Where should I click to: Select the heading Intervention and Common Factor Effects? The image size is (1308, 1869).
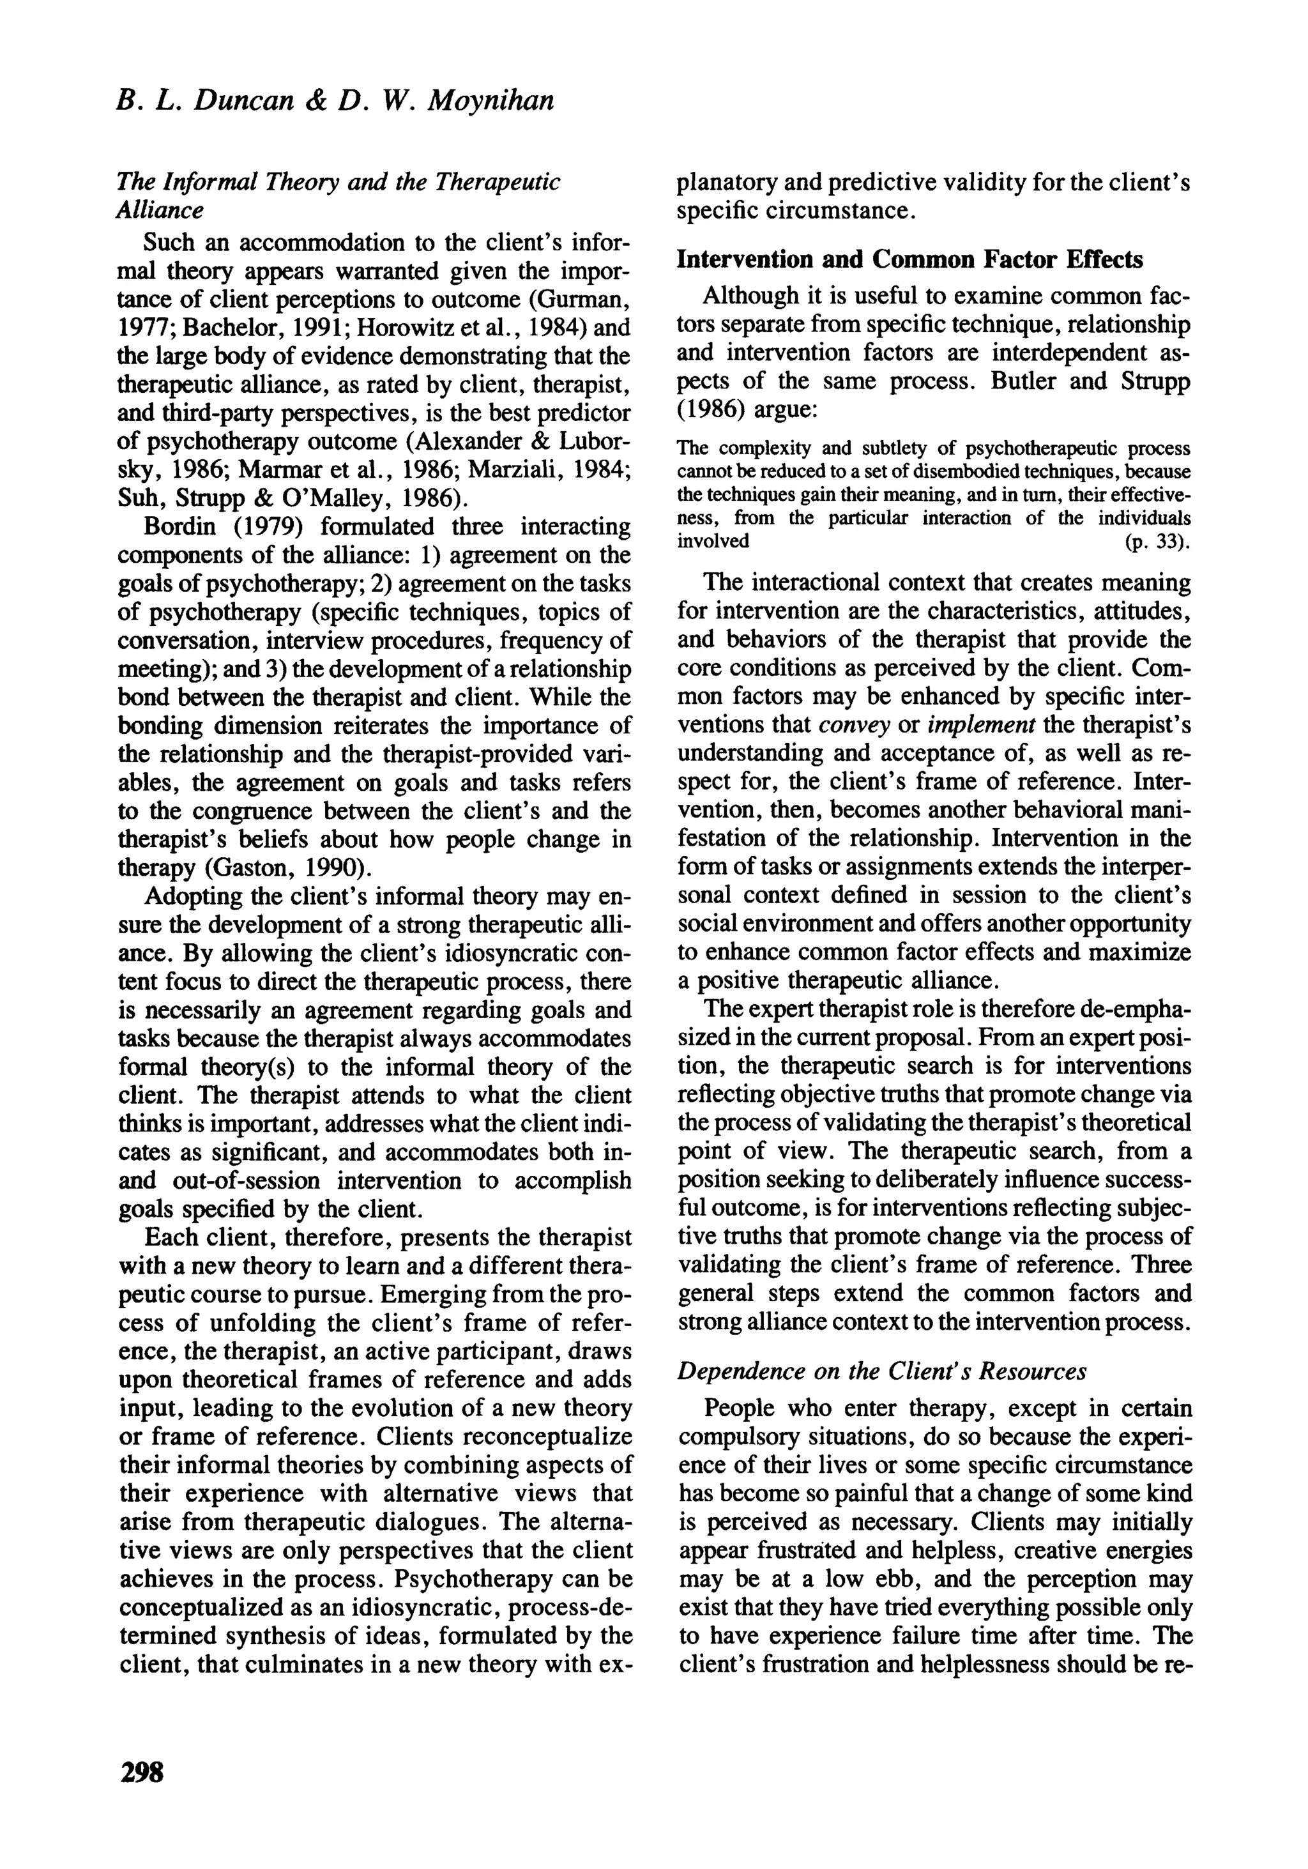[910, 260]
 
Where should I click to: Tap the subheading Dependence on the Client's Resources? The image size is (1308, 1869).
[882, 1371]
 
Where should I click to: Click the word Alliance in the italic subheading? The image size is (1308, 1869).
[160, 210]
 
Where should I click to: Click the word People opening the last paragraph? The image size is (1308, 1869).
[741, 1407]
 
